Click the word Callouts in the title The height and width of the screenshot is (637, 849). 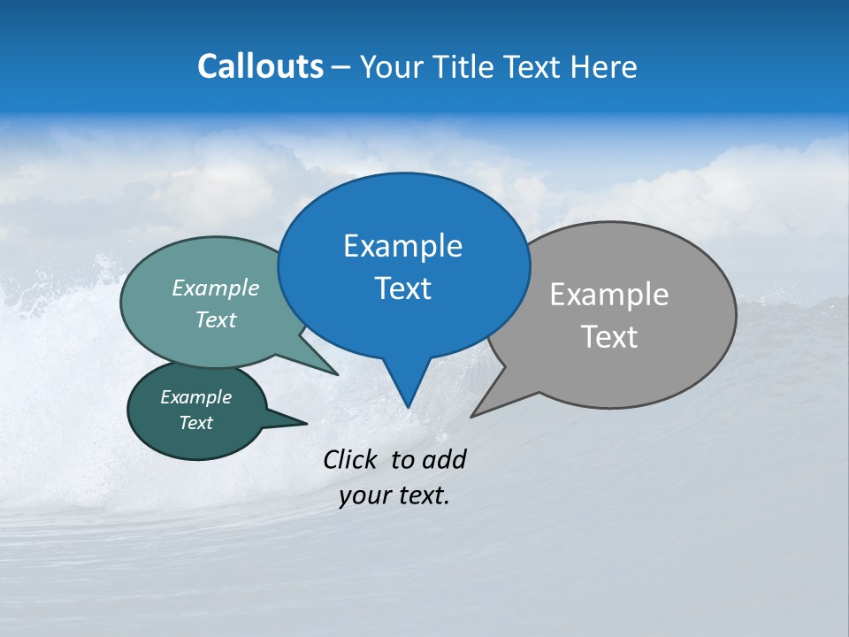coord(260,66)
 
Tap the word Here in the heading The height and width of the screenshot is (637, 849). coord(606,66)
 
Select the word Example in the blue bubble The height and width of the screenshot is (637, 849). coord(402,246)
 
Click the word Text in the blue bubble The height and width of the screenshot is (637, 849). coord(402,288)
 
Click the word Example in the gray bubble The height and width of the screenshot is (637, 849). coord(609,295)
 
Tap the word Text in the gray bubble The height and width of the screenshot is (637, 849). coord(609,337)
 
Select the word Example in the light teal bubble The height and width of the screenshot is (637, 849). coord(215,288)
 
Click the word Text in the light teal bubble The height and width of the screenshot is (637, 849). coord(215,319)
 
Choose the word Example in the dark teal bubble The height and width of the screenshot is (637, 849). coord(195,397)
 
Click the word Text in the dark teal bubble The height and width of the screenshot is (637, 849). coord(195,423)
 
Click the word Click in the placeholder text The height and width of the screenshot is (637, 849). coord(351,459)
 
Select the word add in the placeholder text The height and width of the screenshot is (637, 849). coord(444,459)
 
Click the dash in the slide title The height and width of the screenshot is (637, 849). coord(342,68)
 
